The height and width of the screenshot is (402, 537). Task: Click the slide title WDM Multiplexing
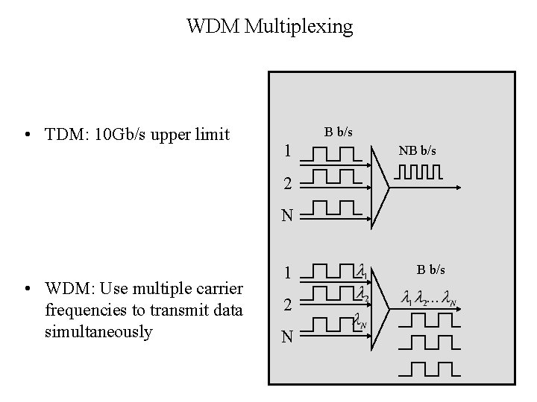(x=269, y=28)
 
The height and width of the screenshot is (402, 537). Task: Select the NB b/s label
(x=417, y=151)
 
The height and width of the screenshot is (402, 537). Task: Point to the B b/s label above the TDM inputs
(x=339, y=132)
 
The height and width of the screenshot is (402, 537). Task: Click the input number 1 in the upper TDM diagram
(x=286, y=152)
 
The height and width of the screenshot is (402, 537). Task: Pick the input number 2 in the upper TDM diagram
(x=286, y=184)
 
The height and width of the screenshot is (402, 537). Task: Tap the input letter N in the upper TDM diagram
(x=286, y=217)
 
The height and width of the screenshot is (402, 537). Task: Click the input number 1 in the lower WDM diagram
(x=287, y=273)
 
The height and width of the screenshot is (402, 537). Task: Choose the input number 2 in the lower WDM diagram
(x=287, y=304)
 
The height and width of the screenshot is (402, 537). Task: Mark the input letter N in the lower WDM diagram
(x=287, y=337)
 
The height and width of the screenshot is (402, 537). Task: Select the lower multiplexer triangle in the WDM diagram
(x=380, y=304)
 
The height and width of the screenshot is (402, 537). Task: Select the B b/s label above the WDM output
(x=431, y=267)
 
